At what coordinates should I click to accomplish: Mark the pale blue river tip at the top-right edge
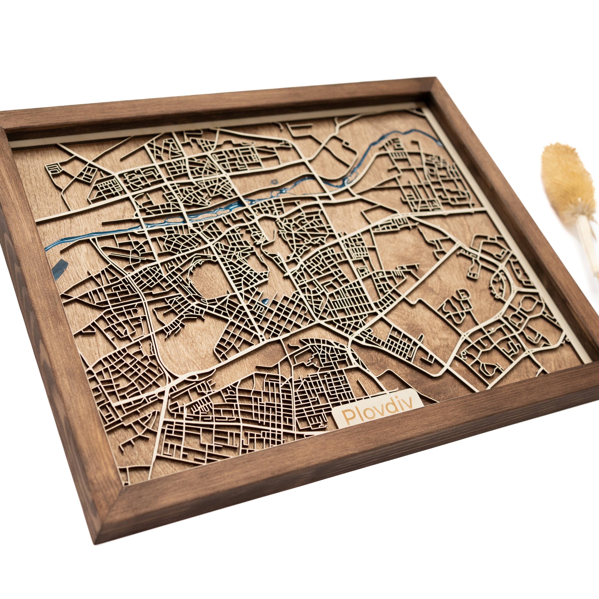[441, 143]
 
